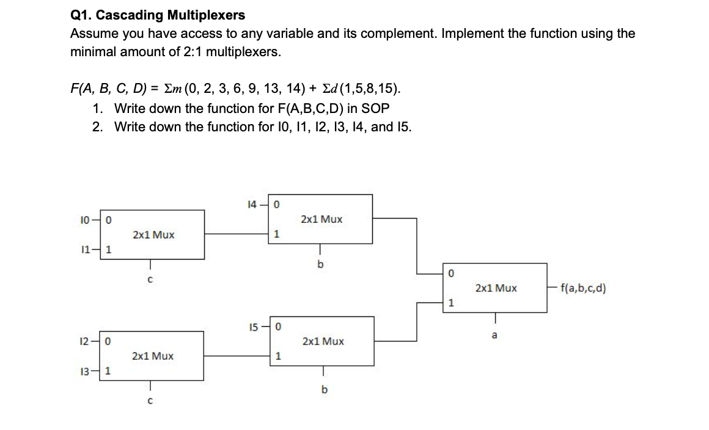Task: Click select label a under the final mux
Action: click(494, 335)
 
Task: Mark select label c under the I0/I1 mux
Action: click(150, 280)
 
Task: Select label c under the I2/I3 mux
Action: click(150, 401)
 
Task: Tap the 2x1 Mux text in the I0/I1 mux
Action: click(153, 235)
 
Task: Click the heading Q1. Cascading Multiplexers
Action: click(158, 15)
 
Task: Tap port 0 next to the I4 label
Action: click(276, 205)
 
